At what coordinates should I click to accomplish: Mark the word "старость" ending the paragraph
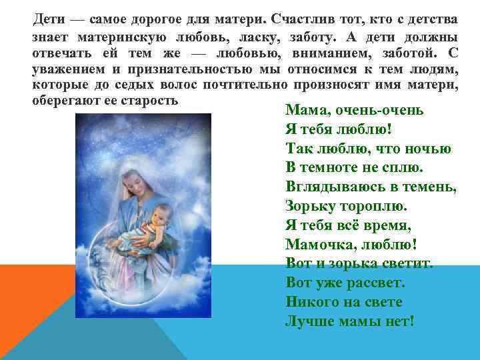tap(151, 100)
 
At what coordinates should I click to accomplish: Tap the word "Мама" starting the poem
tap(304, 110)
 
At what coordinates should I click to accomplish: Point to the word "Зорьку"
tap(308, 206)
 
